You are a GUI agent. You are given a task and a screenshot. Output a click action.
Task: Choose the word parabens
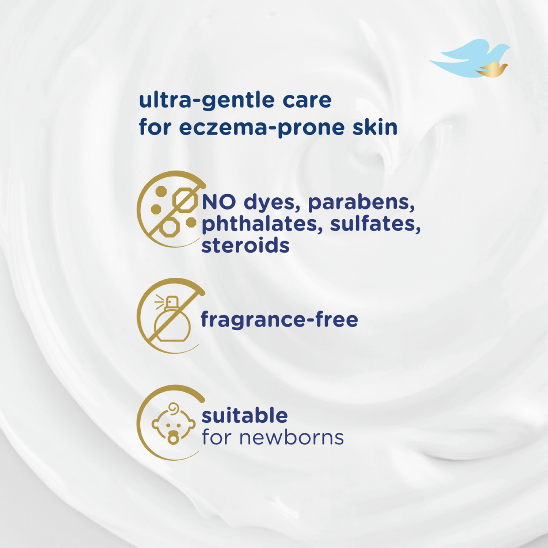point(361,202)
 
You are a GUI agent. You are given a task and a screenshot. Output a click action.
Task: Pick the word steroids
point(245,245)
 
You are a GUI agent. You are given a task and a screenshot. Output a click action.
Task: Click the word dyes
point(272,202)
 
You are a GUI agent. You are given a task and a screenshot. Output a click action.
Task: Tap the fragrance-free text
point(279,319)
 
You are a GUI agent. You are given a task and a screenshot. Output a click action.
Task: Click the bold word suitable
point(244,415)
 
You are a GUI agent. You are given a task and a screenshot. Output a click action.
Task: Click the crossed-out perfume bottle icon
point(172,316)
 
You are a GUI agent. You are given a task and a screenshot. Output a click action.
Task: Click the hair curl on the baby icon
point(174,408)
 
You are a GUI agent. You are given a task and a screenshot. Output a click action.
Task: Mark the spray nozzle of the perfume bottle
point(172,302)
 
